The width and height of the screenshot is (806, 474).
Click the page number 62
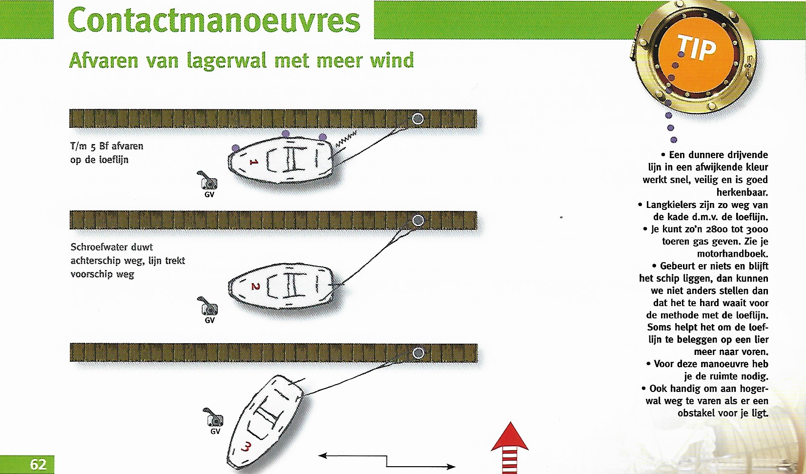tap(38, 464)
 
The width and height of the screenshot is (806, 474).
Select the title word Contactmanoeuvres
tap(214, 20)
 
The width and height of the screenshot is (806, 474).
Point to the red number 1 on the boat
tap(254, 162)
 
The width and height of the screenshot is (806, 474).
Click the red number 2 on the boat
tap(255, 287)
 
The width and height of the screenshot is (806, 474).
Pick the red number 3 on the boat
tap(246, 447)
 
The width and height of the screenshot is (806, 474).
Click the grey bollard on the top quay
tap(418, 119)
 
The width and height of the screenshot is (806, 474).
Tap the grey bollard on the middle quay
tap(418, 220)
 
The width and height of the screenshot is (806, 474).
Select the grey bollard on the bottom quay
tap(418, 353)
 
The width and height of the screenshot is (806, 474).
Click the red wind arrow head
tap(510, 437)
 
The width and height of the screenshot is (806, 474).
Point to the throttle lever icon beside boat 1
tap(207, 180)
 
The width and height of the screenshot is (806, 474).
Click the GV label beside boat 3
tap(215, 431)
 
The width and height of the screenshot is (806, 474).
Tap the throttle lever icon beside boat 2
tap(207, 306)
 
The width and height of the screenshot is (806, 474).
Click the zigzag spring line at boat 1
tap(346, 139)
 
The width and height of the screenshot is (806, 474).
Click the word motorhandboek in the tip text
tap(732, 254)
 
